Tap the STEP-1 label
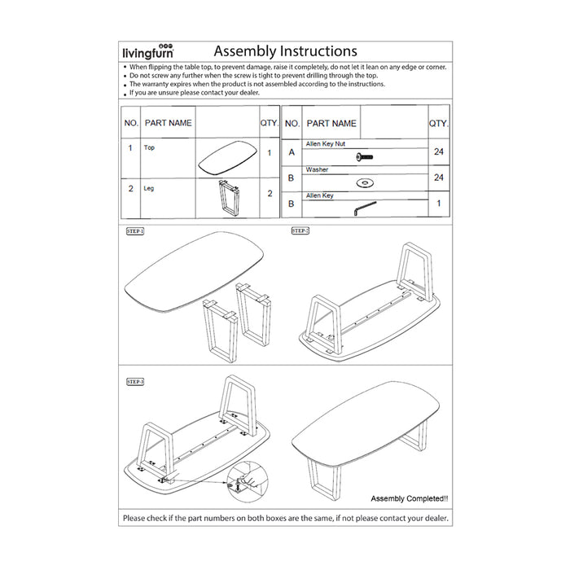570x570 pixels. tap(134, 231)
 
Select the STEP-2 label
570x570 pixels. tap(300, 231)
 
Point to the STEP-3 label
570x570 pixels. tap(134, 381)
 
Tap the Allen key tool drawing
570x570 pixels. tap(364, 208)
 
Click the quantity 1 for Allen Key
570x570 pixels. tap(439, 203)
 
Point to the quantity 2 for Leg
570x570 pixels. tap(269, 194)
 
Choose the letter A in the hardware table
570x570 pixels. tap(292, 152)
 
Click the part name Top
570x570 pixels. tap(149, 148)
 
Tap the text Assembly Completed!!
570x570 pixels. tap(409, 498)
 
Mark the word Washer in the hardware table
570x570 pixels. tap(317, 170)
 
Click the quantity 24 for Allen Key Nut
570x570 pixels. tap(439, 151)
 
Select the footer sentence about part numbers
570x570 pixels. tap(285, 518)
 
